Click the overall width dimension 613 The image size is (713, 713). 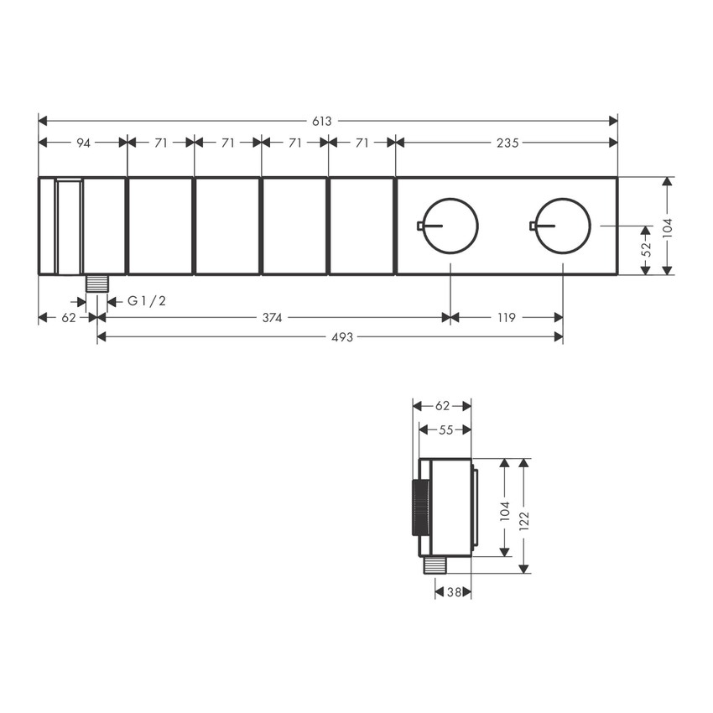[x=321, y=121]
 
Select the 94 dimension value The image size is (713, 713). [x=83, y=143]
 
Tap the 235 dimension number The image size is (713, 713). [x=507, y=143]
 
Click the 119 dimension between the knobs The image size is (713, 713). [x=507, y=318]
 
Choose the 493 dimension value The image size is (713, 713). [x=330, y=337]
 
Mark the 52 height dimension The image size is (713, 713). [x=646, y=248]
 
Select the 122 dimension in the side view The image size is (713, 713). [x=524, y=515]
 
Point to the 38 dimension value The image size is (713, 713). [x=454, y=592]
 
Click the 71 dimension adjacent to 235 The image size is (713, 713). [x=362, y=143]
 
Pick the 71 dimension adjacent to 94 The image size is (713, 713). [x=160, y=143]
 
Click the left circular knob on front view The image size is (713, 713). [x=451, y=225]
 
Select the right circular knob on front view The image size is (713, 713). [x=563, y=225]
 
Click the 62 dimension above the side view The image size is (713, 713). [x=443, y=406]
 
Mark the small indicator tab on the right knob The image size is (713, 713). [x=532, y=225]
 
